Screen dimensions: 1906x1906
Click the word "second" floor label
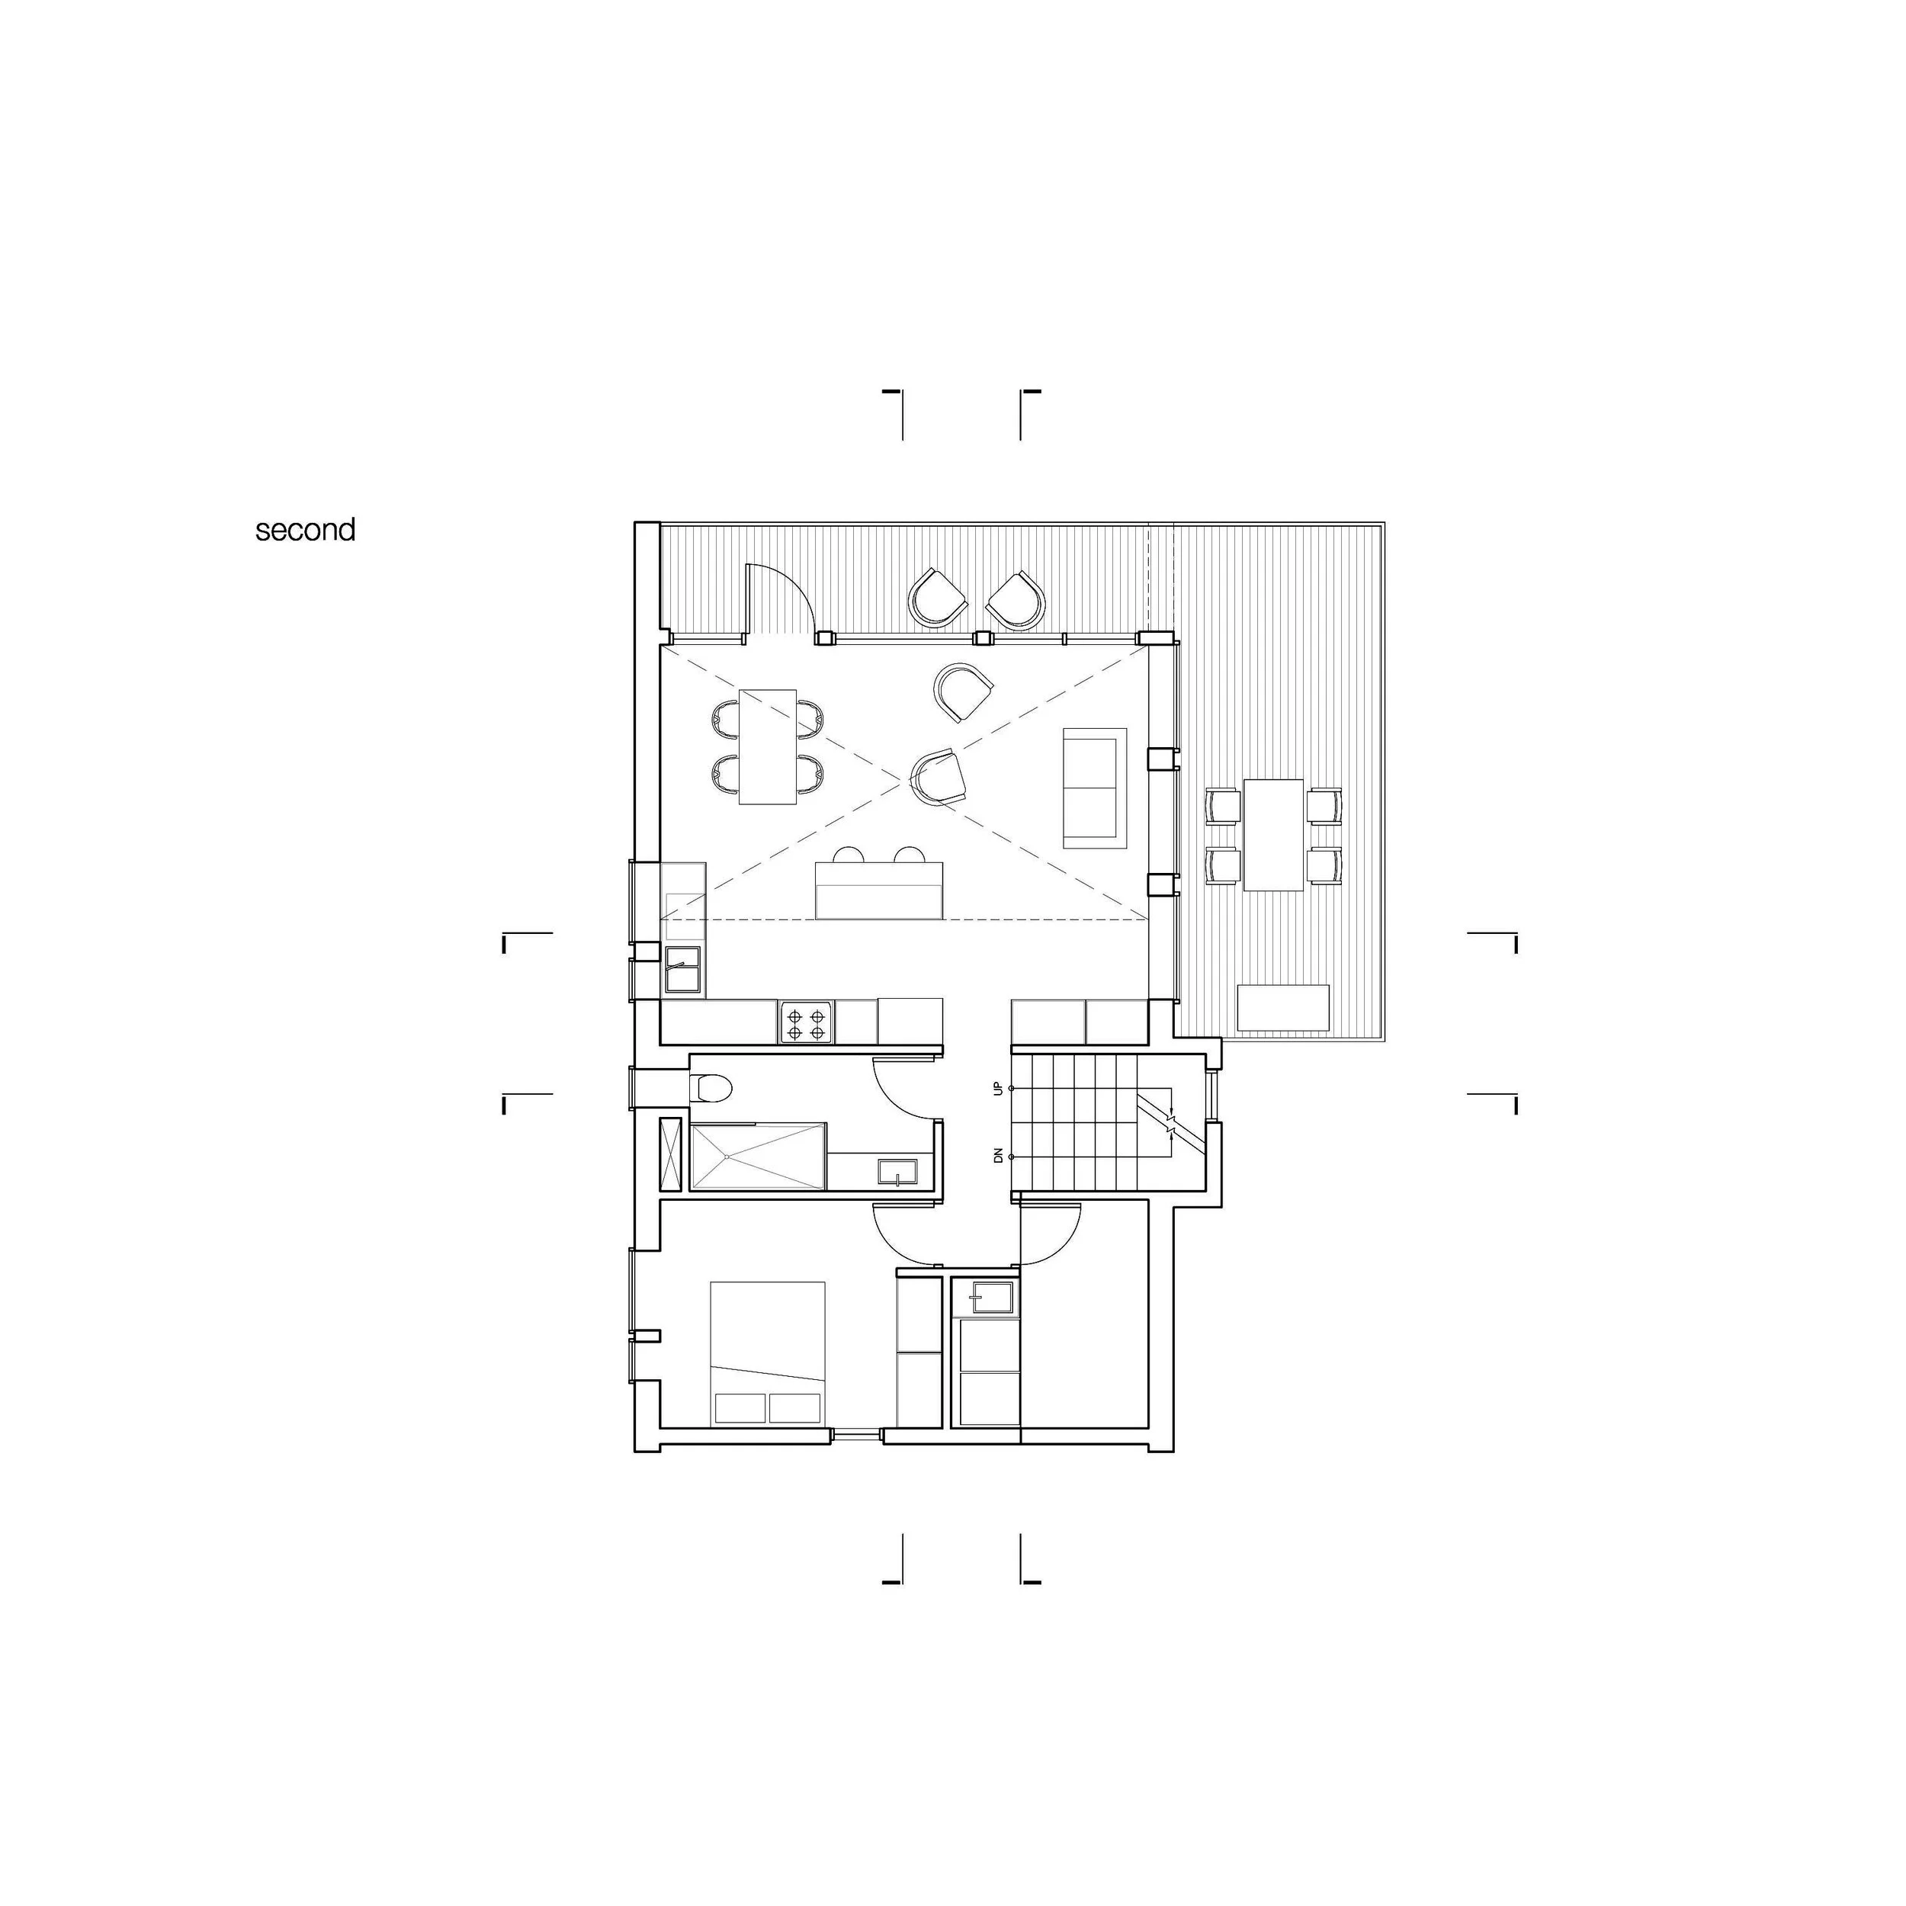[x=305, y=531]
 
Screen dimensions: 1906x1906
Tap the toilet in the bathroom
[x=711, y=1087]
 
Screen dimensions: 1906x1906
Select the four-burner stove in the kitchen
[x=807, y=1022]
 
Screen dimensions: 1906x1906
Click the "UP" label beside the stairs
[x=999, y=1088]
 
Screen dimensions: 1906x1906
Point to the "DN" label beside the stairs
[x=999, y=1155]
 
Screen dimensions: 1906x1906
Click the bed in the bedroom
[x=768, y=1352]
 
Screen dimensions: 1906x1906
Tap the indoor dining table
[x=768, y=746]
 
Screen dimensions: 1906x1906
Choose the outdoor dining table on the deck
[x=1274, y=835]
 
